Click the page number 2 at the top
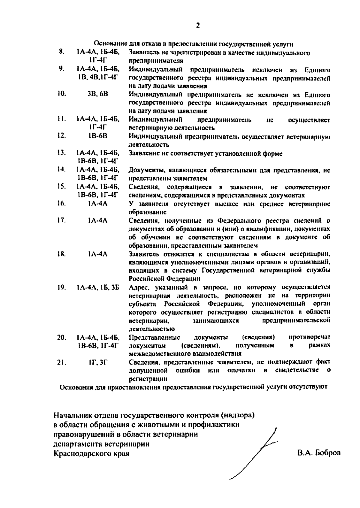click(198, 26)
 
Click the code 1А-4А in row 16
click(98, 204)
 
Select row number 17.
click(61, 221)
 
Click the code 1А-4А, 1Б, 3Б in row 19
click(98, 287)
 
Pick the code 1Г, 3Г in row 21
click(98, 362)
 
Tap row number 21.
click(61, 362)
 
